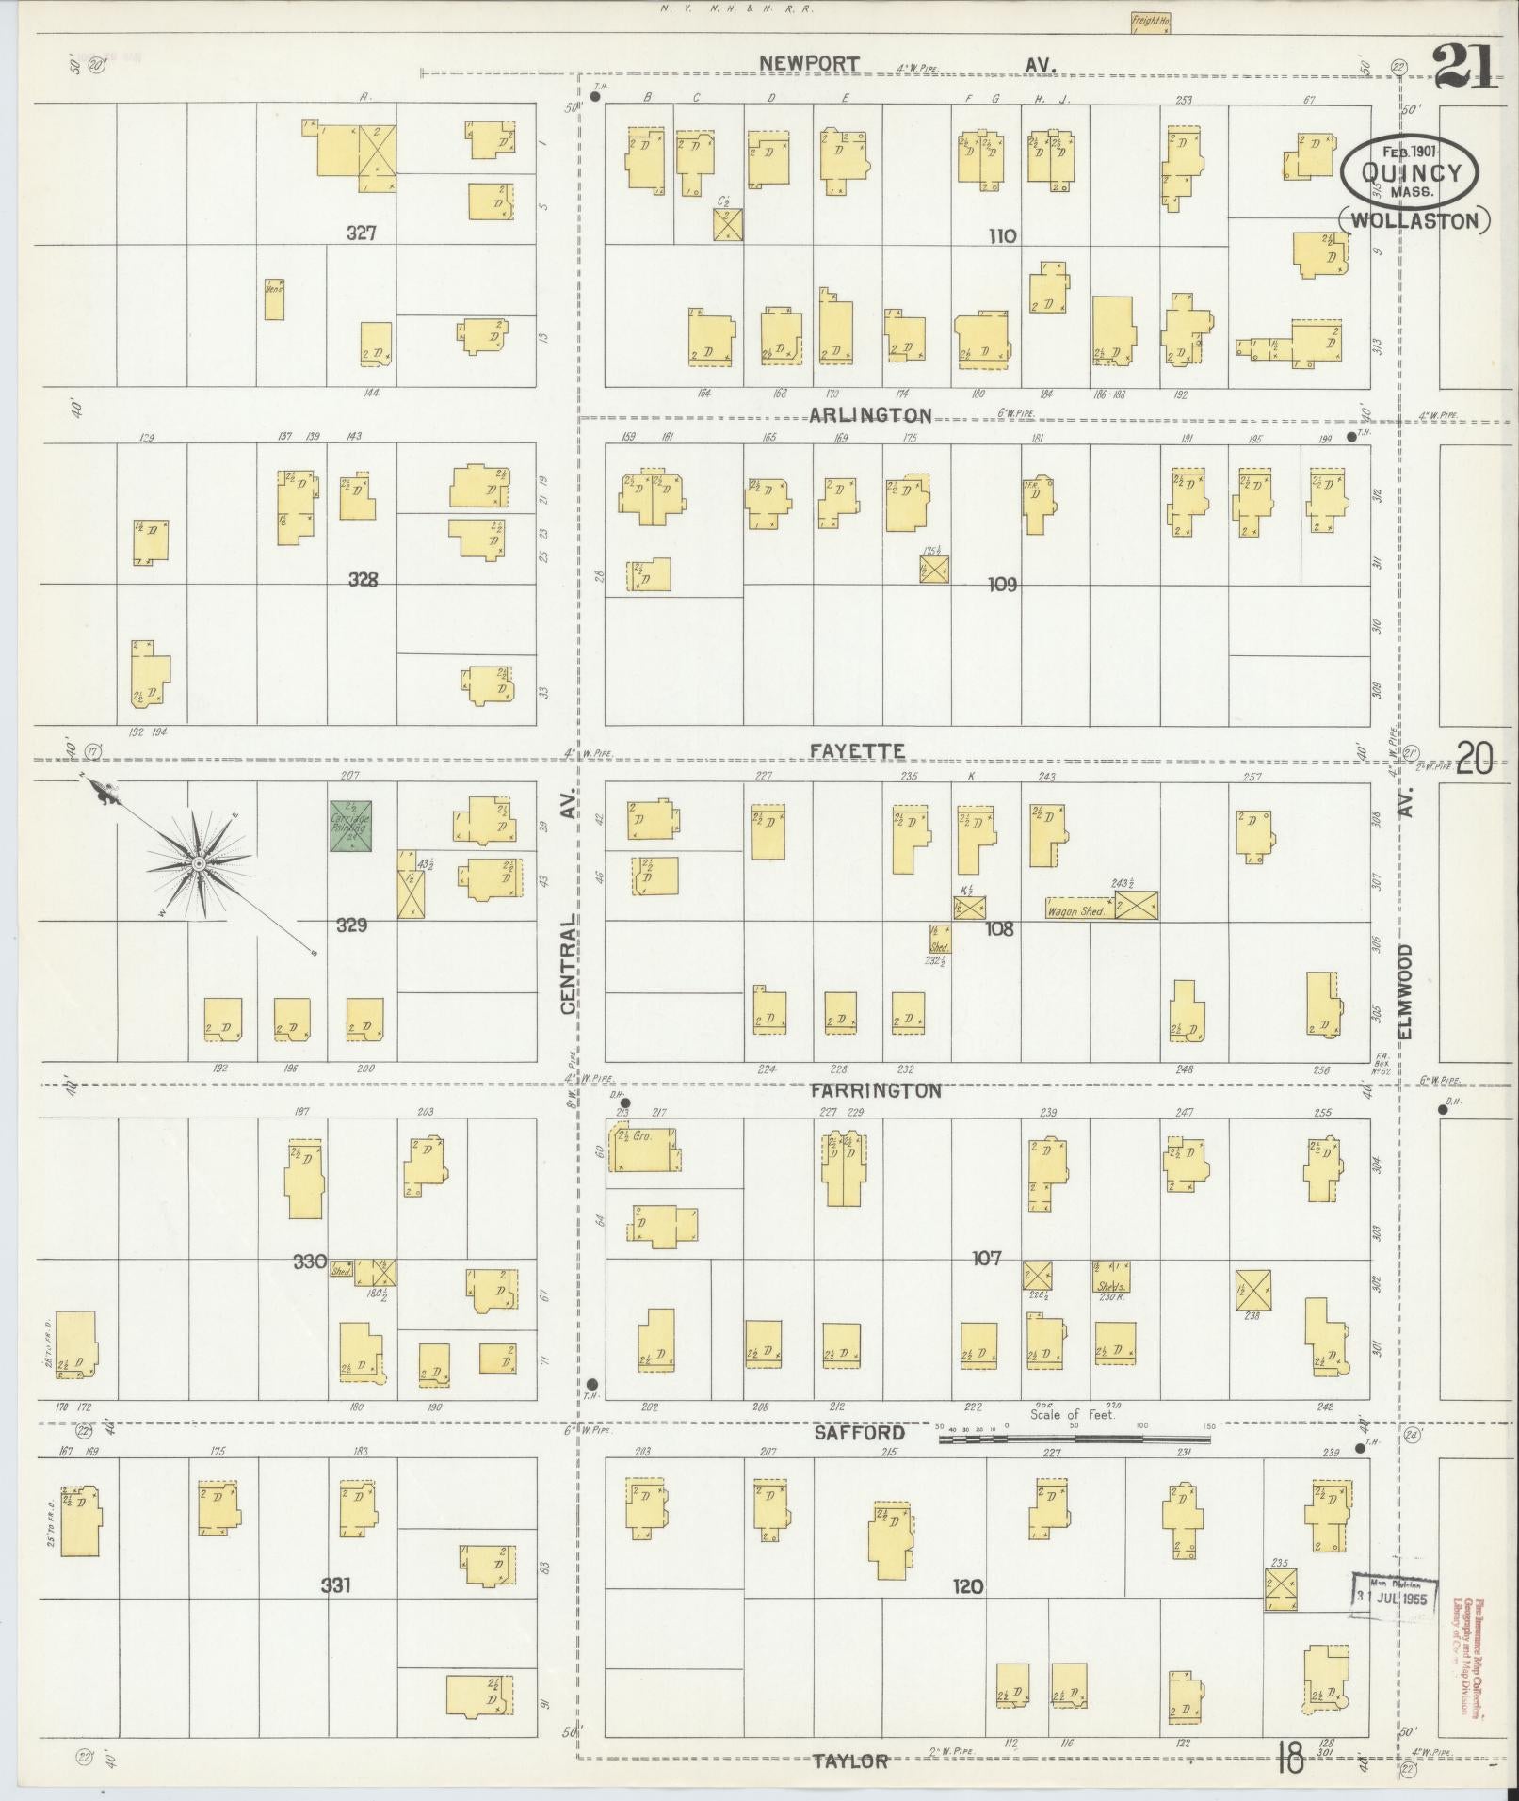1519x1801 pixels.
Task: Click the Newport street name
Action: (809, 64)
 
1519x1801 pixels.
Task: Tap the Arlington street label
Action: (870, 415)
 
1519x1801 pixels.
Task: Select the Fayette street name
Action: (857, 750)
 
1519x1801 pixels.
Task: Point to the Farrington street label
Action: (875, 1090)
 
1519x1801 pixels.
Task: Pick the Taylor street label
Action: (850, 1761)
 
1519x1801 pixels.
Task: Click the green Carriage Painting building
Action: (350, 827)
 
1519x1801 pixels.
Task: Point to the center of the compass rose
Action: (199, 863)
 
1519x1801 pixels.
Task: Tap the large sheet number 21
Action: (1464, 66)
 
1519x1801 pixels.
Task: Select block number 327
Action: (362, 233)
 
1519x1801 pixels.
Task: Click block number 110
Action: (1002, 235)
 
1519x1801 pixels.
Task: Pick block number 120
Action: (967, 1586)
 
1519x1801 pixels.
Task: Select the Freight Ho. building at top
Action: (1150, 23)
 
